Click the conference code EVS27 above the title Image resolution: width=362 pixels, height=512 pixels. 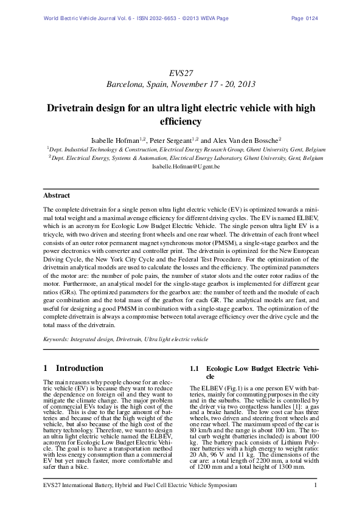pos(181,72)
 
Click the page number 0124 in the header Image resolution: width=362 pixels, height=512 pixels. pos(310,18)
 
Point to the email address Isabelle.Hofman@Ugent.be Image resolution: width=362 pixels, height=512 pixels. pos(181,165)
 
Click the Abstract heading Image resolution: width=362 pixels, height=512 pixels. pos(57,196)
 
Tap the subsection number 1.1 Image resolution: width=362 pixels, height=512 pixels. pos(195,368)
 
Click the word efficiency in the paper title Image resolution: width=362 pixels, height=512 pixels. pos(181,122)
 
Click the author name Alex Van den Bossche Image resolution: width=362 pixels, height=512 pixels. pos(244,138)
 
